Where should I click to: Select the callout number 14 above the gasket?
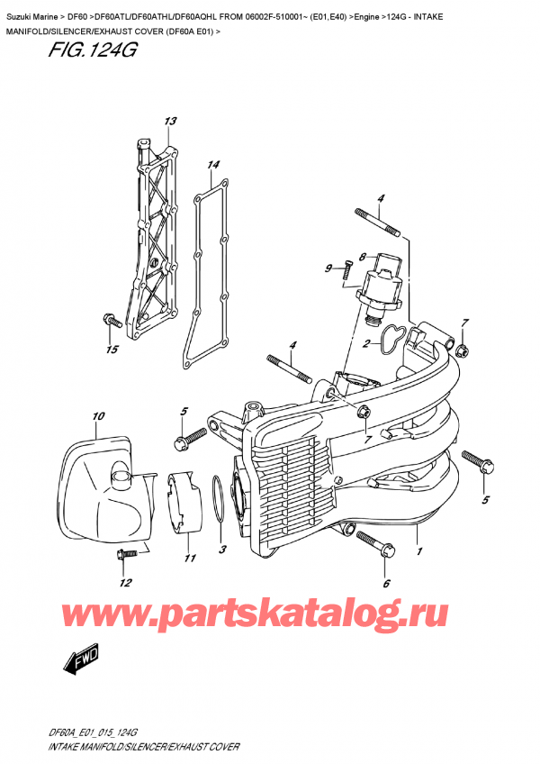coord(212,165)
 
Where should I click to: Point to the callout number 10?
coord(98,416)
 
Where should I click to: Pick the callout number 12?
coord(125,581)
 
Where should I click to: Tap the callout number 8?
coord(362,256)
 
